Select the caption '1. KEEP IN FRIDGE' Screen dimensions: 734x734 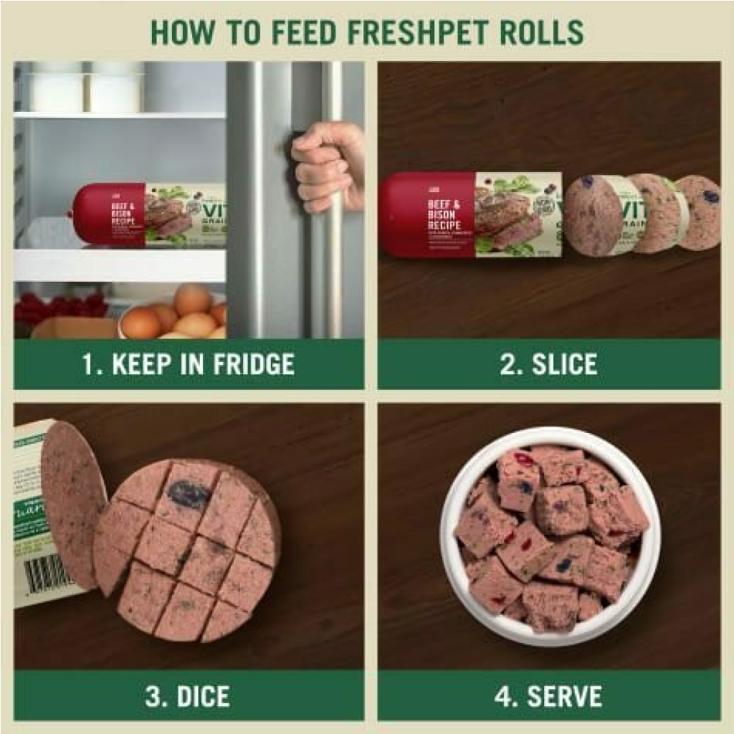pos(188,364)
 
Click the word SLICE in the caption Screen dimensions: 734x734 pos(564,364)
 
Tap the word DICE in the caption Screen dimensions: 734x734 pos(205,697)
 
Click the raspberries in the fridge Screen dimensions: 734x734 pos(61,307)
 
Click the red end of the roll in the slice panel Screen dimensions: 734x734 pos(423,214)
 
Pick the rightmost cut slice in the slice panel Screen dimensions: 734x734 pos(699,212)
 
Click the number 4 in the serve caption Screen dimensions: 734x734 pos(507,697)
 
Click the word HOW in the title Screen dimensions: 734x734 pos(178,32)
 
